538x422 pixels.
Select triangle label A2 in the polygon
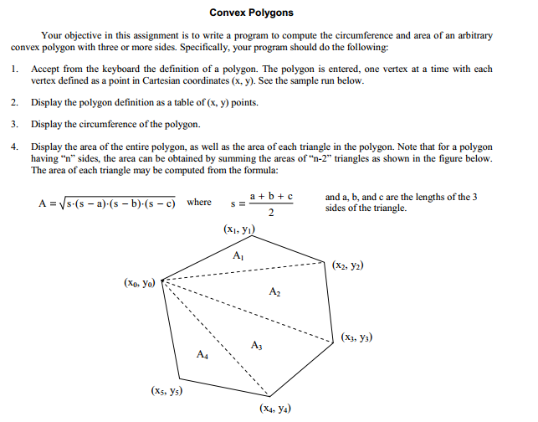(x=276, y=292)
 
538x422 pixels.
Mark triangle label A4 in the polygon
(x=202, y=355)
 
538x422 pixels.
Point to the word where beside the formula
(x=199, y=203)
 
